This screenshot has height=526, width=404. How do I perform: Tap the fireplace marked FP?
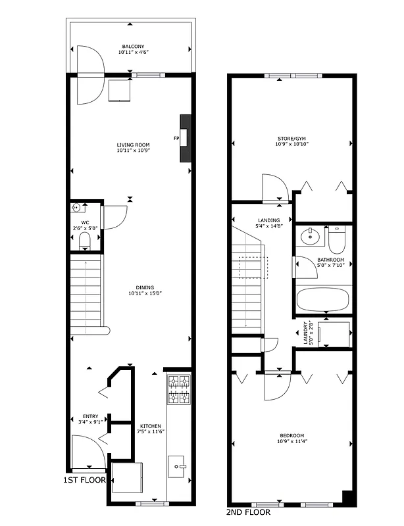click(x=186, y=138)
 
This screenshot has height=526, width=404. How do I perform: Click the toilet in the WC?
click(x=85, y=241)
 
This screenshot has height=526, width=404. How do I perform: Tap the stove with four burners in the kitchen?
click(x=179, y=389)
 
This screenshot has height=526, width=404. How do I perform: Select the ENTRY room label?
click(x=90, y=416)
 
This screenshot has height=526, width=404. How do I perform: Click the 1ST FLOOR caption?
click(x=84, y=481)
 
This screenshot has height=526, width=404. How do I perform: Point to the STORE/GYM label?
click(x=291, y=139)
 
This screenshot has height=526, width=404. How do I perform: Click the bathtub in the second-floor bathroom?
click(x=323, y=300)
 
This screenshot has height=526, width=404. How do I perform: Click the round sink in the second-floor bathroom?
click(x=308, y=236)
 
